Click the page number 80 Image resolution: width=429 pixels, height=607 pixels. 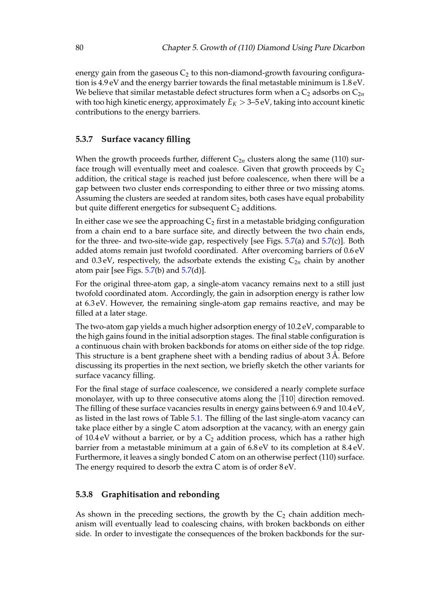point(79,48)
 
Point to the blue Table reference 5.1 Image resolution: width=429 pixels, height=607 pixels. point(196,418)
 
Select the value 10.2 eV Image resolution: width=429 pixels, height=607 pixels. point(299,327)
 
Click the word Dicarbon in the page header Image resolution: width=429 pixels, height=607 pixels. point(347,48)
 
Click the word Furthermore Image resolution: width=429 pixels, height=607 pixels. point(97,457)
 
